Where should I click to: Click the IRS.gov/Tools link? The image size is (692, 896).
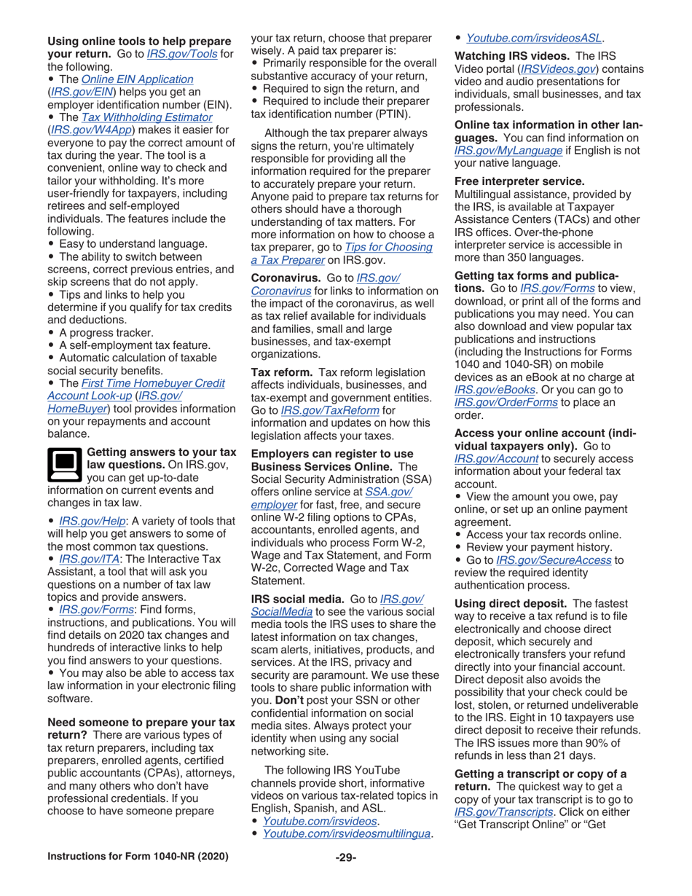(188, 53)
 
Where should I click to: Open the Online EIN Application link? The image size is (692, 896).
(138, 79)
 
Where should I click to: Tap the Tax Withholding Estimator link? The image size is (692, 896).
(146, 117)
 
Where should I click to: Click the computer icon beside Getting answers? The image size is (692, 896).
(64, 464)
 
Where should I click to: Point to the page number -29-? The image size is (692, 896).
(345, 856)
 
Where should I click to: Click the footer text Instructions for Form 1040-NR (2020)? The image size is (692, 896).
(138, 856)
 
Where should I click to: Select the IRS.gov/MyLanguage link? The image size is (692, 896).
(508, 150)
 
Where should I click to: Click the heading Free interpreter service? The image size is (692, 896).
(519, 181)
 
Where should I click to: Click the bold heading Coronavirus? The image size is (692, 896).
(286, 278)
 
